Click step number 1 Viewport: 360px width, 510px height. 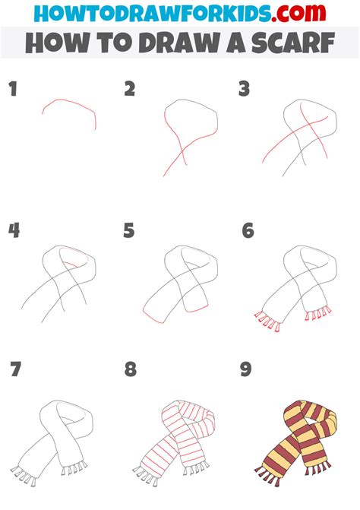pos(12,90)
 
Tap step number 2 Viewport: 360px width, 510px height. pos(130,90)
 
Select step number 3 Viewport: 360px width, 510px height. pos(244,90)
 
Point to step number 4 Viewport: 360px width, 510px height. pos(13,231)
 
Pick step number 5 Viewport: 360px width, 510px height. pos(130,231)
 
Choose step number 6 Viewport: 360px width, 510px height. pos(248,231)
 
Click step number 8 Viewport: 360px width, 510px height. pos(131,371)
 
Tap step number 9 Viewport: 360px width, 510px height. pos(246,371)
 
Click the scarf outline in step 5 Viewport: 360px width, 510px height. pos(182,285)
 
